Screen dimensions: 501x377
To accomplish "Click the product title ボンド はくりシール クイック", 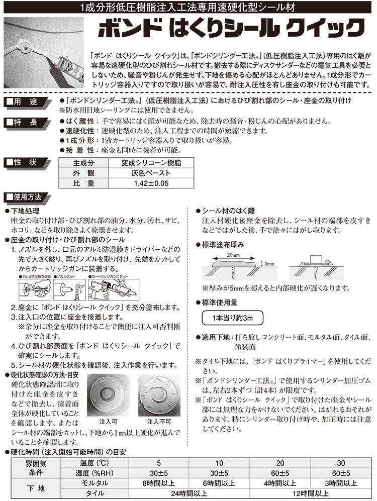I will click(229, 26).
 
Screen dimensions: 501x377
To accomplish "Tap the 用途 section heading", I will click(27, 103).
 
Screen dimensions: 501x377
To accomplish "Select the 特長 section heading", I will click(27, 122).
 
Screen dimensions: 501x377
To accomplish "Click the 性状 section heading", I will click(27, 162).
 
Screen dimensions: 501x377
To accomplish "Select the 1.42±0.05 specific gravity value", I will click(144, 183).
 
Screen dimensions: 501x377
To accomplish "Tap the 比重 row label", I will click(83, 183).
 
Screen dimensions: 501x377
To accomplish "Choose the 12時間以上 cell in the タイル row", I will click(312, 493).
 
